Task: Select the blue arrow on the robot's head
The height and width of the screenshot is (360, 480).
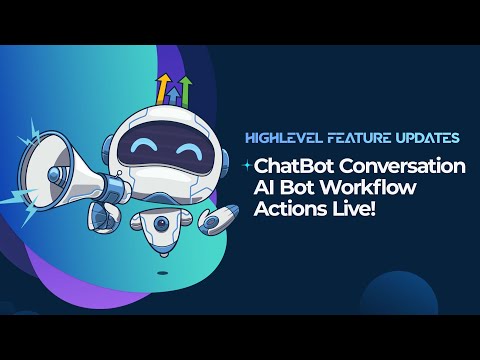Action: [175, 96]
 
